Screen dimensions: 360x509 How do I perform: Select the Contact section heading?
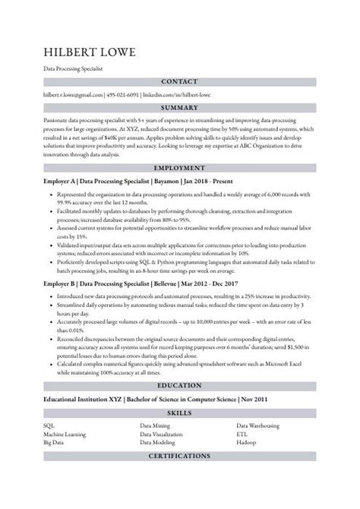pyautogui.click(x=180, y=81)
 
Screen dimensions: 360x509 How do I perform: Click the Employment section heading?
pyautogui.click(x=180, y=167)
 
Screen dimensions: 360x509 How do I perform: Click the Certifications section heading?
pyautogui.click(x=180, y=456)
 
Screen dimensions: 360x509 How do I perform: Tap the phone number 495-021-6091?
pyautogui.click(x=123, y=96)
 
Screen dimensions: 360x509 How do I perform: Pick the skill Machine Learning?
pyautogui.click(x=65, y=433)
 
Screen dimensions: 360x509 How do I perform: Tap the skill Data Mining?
pyautogui.click(x=154, y=425)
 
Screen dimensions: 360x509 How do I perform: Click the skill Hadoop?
pyautogui.click(x=247, y=441)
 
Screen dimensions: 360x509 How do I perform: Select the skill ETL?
pyautogui.click(x=242, y=433)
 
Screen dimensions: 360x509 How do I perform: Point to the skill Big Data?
pyautogui.click(x=54, y=441)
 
